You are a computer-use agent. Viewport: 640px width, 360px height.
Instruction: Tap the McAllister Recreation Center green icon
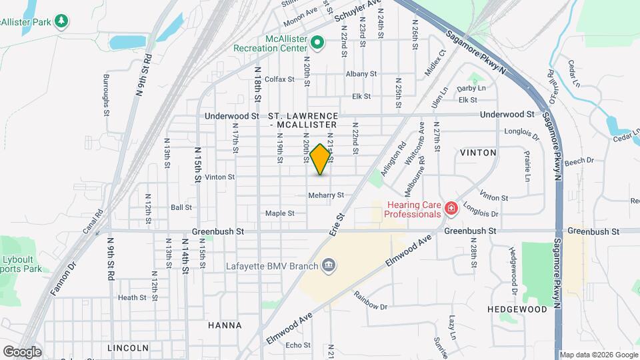click(318, 44)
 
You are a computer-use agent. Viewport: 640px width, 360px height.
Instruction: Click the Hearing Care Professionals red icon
click(451, 209)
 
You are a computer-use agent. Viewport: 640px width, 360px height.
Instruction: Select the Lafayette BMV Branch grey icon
click(328, 266)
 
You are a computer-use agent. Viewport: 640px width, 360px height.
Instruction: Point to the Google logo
click(22, 351)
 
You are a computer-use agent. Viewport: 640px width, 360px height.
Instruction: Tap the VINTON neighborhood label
click(478, 153)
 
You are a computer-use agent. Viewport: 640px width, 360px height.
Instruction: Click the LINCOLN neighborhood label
click(127, 348)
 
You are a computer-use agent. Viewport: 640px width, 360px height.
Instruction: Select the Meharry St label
click(325, 195)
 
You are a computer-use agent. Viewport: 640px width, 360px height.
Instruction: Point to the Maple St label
click(280, 213)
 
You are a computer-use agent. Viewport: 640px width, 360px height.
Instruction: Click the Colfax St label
click(280, 79)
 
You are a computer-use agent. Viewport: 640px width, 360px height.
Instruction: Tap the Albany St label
click(361, 74)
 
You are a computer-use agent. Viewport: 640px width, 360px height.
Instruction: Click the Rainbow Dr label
click(371, 301)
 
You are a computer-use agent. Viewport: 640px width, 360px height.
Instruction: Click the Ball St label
click(181, 207)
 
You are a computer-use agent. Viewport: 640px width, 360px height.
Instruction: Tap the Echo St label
click(293, 345)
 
